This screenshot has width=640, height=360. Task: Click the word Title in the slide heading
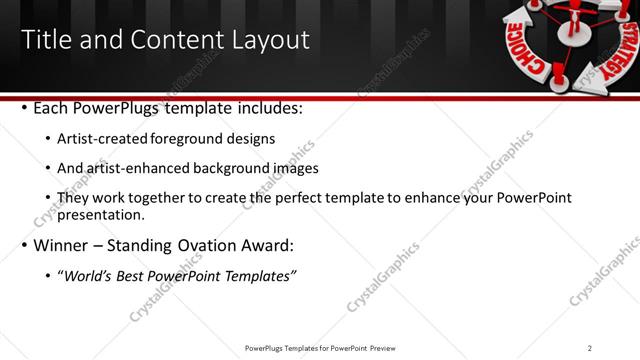46,40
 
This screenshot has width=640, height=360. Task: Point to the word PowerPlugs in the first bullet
117,107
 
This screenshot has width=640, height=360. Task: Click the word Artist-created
107,139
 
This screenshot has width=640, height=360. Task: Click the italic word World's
87,276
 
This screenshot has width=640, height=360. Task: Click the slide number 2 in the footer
590,348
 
